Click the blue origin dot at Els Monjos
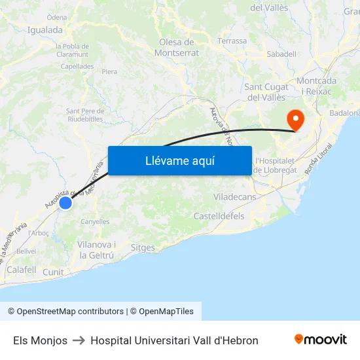tap(65, 204)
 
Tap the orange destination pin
tap(295, 120)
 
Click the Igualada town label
tap(45, 29)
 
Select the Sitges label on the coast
tap(143, 248)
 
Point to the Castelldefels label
tap(219, 215)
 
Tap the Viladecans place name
tap(235, 196)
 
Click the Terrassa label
tap(232, 41)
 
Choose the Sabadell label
tap(281, 54)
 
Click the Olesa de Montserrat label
tap(179, 47)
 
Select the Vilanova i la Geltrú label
tap(96, 249)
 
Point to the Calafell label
tap(21, 269)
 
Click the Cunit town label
tap(53, 272)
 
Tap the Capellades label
tap(77, 66)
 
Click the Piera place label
tap(109, 71)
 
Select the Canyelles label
tap(95, 222)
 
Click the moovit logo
tap(321, 340)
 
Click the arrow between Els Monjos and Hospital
tap(79, 340)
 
